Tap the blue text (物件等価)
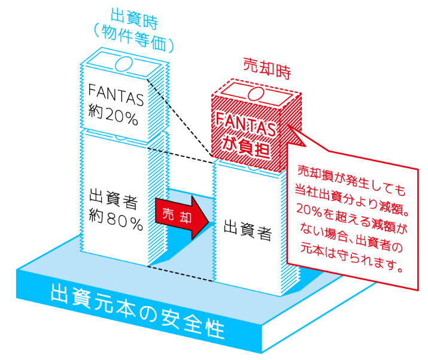[x=133, y=39]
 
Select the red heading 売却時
[x=267, y=68]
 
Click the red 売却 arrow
[x=182, y=217]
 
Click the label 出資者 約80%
[x=115, y=211]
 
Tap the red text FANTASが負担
[x=245, y=135]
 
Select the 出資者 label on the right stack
[x=248, y=231]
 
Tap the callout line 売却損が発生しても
[x=351, y=180]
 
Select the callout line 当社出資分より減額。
[x=351, y=199]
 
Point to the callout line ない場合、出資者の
[x=351, y=237]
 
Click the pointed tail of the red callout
[x=289, y=126]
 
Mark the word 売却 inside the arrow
[x=177, y=215]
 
